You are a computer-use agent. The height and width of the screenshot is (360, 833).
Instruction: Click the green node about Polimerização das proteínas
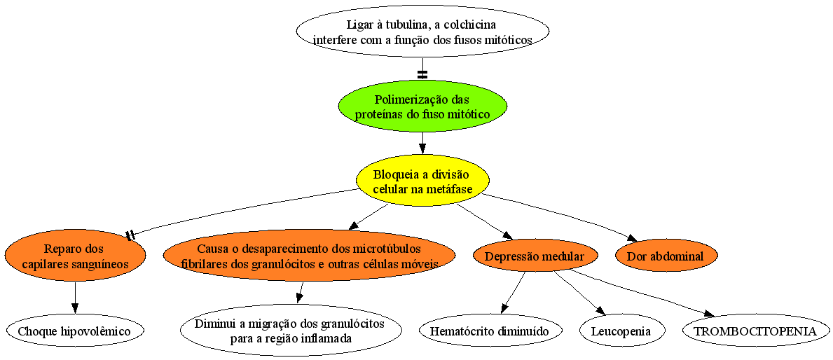point(422,106)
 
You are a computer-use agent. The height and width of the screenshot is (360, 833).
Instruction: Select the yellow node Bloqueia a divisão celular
point(422,181)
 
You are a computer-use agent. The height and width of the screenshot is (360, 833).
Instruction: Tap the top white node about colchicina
point(422,32)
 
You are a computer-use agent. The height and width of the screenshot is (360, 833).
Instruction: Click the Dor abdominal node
point(665,256)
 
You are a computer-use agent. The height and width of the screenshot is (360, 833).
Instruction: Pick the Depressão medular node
point(535,256)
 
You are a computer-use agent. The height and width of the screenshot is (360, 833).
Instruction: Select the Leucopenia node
point(621,331)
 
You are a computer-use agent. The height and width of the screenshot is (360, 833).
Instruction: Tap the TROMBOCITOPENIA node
point(755,331)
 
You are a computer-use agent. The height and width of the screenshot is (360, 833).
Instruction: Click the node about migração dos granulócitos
point(290,331)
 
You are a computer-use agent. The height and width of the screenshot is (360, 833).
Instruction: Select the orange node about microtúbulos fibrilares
point(309,256)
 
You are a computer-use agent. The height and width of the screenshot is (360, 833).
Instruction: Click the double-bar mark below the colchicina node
point(422,74)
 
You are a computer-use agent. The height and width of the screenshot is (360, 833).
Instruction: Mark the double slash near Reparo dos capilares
point(130,235)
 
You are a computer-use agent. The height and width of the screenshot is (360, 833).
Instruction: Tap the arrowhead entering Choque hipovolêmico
point(75,309)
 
